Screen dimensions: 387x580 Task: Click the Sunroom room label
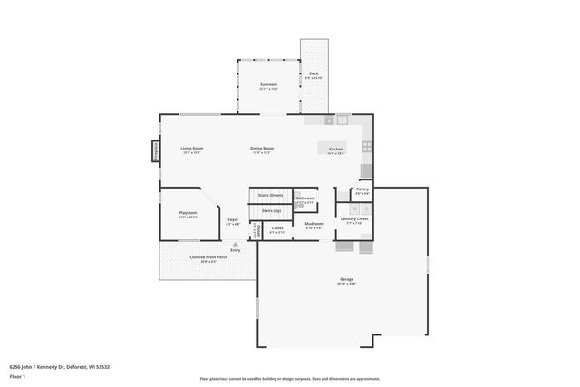(x=267, y=85)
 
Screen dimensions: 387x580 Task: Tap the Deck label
(x=314, y=74)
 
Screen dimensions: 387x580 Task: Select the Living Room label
(x=191, y=149)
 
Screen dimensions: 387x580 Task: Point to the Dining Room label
(x=262, y=149)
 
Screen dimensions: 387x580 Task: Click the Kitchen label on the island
(x=335, y=149)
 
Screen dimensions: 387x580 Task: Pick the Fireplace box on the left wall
(x=155, y=150)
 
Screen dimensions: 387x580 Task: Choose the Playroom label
(x=188, y=214)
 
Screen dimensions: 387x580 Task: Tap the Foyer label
(x=233, y=219)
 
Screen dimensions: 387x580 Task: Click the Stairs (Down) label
(x=270, y=195)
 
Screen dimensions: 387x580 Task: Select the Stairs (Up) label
(x=271, y=211)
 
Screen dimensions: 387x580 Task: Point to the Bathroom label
(x=305, y=198)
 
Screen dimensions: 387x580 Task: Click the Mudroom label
(x=314, y=224)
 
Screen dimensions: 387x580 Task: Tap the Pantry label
(x=362, y=190)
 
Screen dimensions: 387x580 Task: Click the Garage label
(x=346, y=280)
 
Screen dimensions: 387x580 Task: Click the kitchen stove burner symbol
(x=365, y=145)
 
